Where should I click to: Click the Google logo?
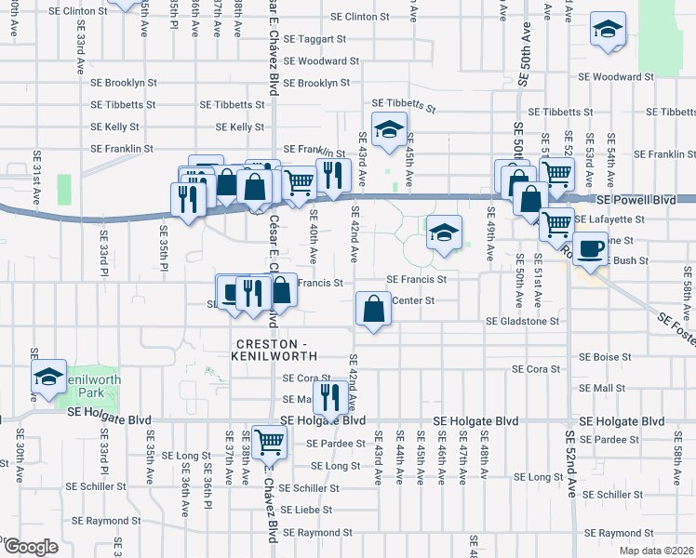pos(30,547)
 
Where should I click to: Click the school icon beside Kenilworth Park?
pos(47,378)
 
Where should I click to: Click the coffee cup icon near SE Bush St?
pos(591,248)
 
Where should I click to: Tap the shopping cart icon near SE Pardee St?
pos(269,442)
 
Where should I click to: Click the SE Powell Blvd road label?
pos(636,200)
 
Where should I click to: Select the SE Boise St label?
pos(605,356)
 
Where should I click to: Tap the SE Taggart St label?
pos(315,40)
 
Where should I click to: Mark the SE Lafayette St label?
pos(609,219)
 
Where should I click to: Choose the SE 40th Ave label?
pos(314,236)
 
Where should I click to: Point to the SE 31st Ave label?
pos(36,177)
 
